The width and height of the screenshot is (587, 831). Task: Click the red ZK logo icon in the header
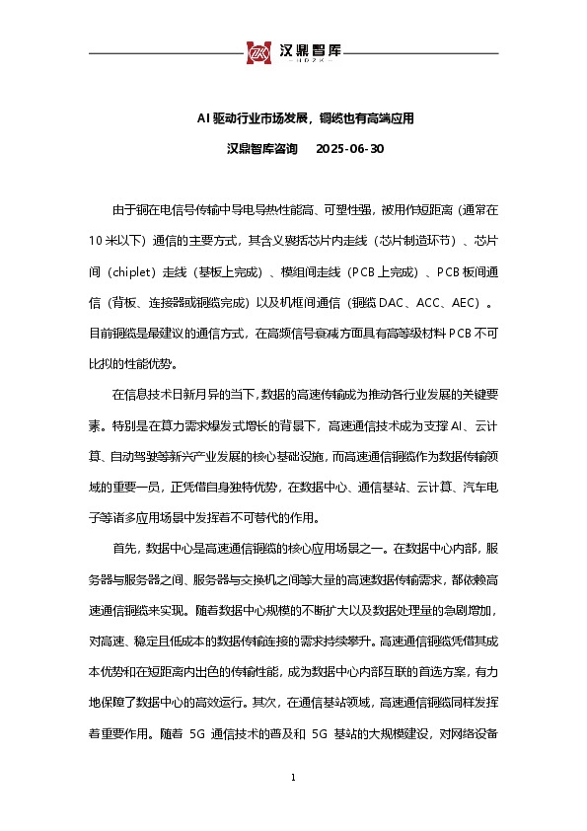tap(259, 52)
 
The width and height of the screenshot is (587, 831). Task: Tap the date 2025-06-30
tap(349, 149)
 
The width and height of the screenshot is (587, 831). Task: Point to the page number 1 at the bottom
tap(293, 780)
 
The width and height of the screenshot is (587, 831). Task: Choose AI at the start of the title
tap(202, 118)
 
